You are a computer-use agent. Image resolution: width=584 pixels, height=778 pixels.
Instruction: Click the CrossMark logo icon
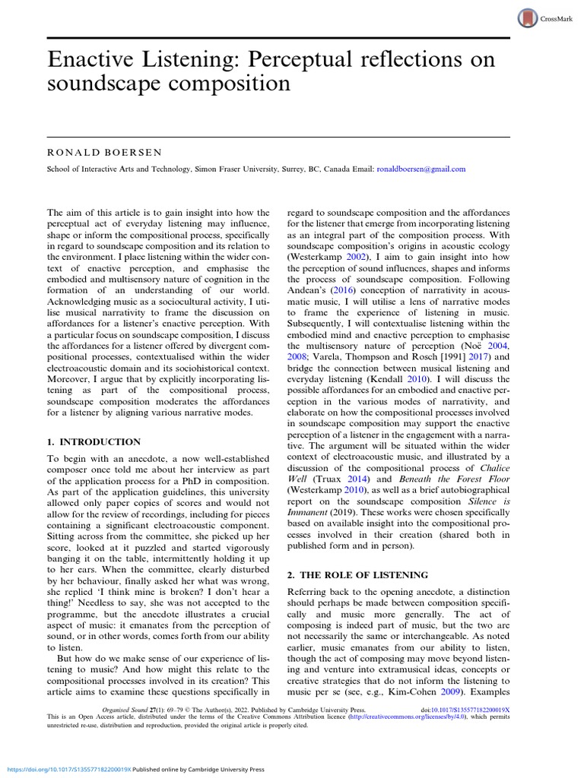tap(528, 19)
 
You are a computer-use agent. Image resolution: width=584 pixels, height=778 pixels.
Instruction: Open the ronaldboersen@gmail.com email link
tap(421, 169)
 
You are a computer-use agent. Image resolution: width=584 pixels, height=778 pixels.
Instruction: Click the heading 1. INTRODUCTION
tap(94, 441)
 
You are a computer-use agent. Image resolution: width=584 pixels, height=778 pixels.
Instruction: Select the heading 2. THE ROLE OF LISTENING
tap(357, 575)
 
